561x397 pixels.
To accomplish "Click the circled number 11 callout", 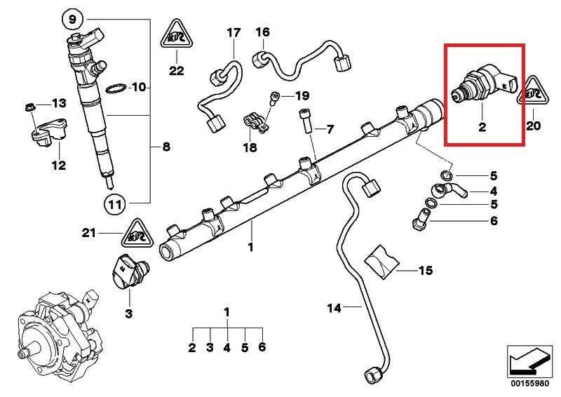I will (x=115, y=204).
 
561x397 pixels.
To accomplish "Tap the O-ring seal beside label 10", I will (x=116, y=88).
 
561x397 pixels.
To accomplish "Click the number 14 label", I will (x=334, y=308).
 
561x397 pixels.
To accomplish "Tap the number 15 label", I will (x=426, y=270).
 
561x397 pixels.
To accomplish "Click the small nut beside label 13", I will (x=31, y=107).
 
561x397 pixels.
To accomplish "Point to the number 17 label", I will (x=233, y=33).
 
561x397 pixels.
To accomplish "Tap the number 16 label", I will (x=263, y=32).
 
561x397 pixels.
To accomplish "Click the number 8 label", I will (x=166, y=147).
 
